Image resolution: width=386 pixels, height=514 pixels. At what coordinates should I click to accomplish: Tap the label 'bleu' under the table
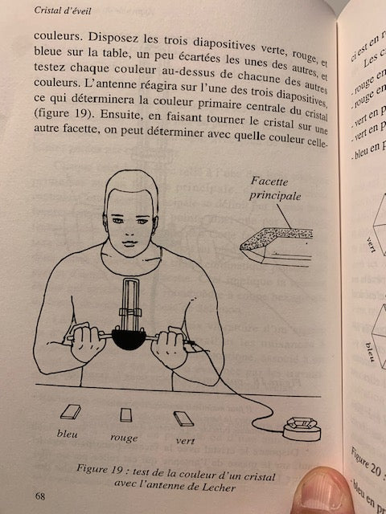[68, 434]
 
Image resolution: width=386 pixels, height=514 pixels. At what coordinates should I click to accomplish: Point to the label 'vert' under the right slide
[186, 441]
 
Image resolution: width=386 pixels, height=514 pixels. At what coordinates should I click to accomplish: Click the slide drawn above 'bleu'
[70, 412]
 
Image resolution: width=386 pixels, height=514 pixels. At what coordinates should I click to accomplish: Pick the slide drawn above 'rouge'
[125, 414]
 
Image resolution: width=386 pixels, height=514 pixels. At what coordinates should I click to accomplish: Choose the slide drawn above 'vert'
[183, 418]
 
